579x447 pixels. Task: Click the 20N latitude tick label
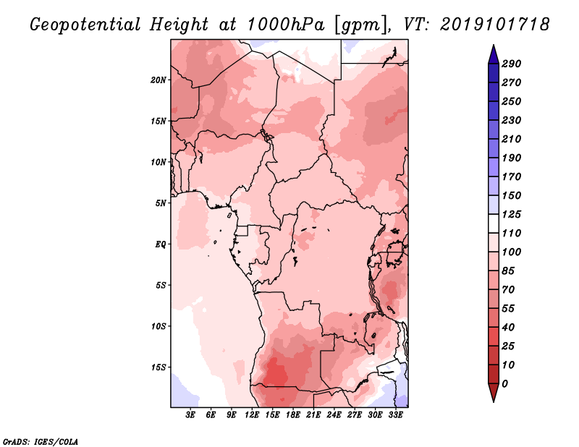(159, 80)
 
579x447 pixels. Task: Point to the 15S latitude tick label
(159, 367)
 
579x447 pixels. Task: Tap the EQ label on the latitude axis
(161, 244)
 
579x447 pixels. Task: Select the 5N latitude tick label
(161, 203)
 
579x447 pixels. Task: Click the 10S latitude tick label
(159, 325)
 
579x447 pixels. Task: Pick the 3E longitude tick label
(191, 415)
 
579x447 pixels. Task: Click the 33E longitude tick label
(396, 415)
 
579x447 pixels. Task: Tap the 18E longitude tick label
(293, 415)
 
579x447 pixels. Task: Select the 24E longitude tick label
(334, 415)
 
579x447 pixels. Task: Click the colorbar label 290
(512, 64)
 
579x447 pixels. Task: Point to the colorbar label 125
(512, 214)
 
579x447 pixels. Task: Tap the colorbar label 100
(512, 252)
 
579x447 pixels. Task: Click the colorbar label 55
(509, 308)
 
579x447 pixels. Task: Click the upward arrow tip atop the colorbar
(492, 46)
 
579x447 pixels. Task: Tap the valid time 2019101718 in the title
(495, 24)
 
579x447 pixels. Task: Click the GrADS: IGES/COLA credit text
(40, 440)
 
